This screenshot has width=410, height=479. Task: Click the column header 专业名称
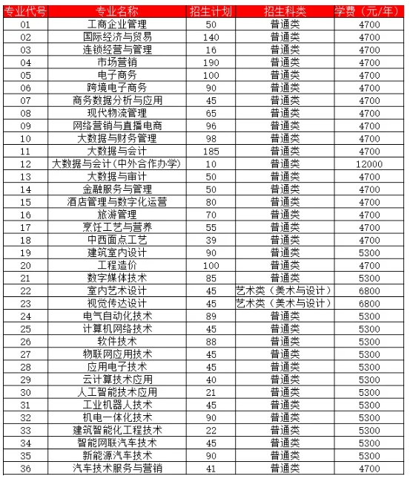(x=117, y=10)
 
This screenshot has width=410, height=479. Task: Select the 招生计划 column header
(x=211, y=10)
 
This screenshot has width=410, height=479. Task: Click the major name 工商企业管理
(x=117, y=24)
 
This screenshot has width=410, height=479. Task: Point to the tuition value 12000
(x=369, y=163)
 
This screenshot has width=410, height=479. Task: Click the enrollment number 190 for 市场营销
(x=211, y=62)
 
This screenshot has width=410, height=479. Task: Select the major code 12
(x=26, y=163)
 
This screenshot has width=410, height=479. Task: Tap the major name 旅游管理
(x=117, y=214)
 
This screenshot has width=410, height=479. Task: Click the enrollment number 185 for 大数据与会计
(x=211, y=151)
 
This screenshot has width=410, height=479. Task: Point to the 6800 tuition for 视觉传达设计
(x=369, y=303)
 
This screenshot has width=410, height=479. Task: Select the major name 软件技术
(x=117, y=341)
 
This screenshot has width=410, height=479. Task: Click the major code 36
(x=26, y=467)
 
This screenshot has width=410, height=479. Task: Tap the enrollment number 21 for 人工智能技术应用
(x=211, y=391)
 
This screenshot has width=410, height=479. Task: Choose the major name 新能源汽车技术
(x=117, y=454)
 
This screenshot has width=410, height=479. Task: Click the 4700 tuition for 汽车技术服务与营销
(x=369, y=467)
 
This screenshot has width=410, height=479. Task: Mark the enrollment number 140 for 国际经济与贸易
(x=211, y=37)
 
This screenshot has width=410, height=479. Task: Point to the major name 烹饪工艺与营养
(x=117, y=227)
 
